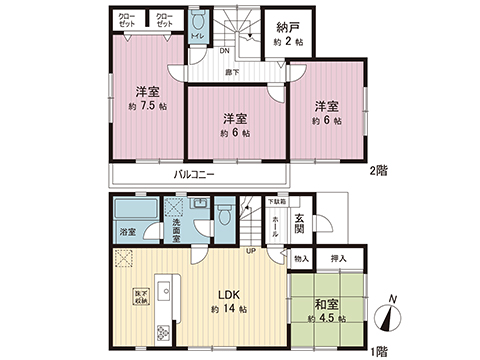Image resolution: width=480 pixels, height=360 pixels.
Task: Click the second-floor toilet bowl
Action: click(x=197, y=23)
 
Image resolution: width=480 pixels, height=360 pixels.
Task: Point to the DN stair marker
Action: click(x=225, y=51)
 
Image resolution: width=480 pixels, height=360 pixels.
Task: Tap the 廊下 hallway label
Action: click(x=231, y=72)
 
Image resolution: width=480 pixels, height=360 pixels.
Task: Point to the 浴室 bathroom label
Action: click(x=128, y=233)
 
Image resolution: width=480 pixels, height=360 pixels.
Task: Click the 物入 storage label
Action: click(x=302, y=258)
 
